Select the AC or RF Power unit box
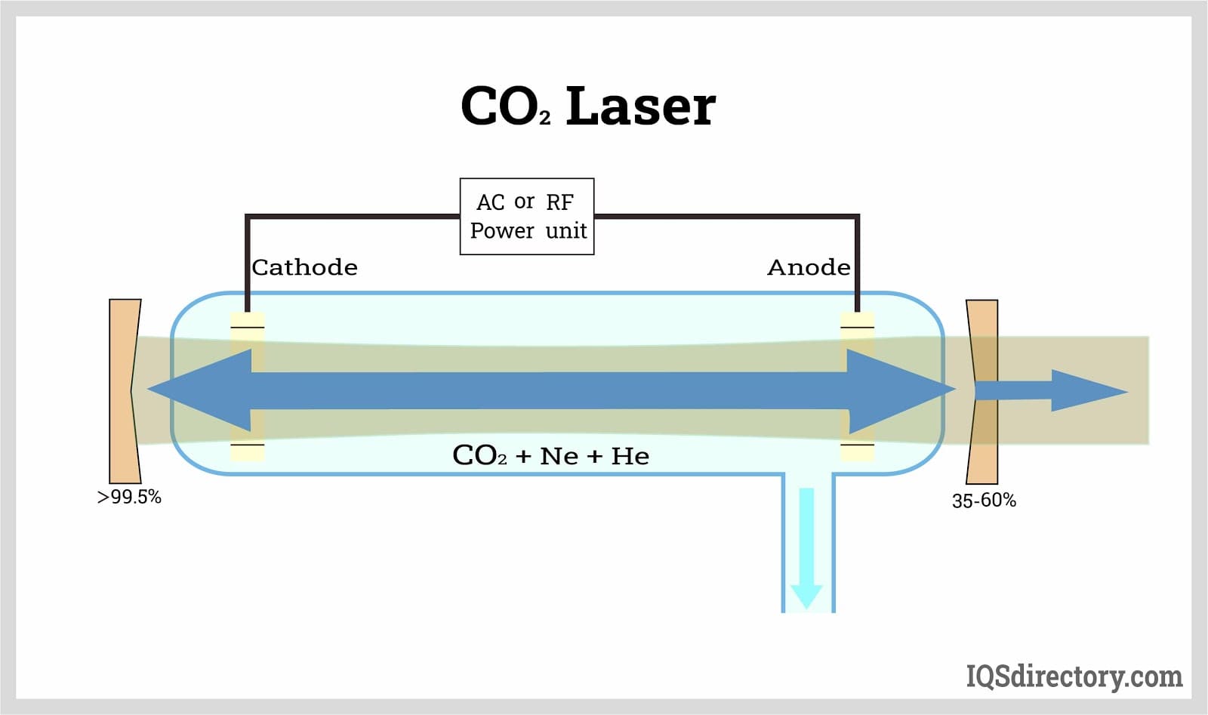[x=527, y=217]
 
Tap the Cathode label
[x=304, y=267]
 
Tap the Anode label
[x=809, y=267]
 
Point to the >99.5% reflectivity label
[x=129, y=497]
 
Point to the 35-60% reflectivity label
[x=984, y=501]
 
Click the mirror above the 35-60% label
[x=982, y=391]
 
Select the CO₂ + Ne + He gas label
[x=550, y=455]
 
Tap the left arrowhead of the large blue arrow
[x=200, y=390]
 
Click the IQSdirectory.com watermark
[x=1074, y=676]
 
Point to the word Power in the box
[x=501, y=230]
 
